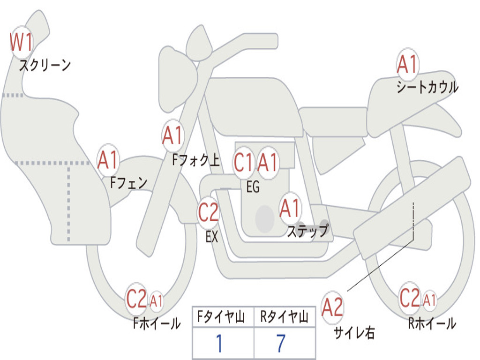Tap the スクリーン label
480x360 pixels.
45,65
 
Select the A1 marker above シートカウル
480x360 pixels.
407,64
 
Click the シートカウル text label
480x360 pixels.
427,87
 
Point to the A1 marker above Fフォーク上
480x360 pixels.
173,135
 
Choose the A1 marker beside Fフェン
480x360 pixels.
108,159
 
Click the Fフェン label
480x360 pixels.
128,183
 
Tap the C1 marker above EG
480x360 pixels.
244,162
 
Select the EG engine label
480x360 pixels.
253,187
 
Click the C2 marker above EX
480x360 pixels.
209,212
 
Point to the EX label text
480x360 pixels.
212,237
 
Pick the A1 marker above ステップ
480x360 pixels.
290,208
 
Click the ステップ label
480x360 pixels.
308,231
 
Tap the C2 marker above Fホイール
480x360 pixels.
137,299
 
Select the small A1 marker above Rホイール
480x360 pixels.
429,300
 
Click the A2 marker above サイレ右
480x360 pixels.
333,307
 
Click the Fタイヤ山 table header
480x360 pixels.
221,316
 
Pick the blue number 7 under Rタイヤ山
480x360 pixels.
281,343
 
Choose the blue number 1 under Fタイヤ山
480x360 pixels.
219,343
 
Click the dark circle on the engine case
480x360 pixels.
265,218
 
